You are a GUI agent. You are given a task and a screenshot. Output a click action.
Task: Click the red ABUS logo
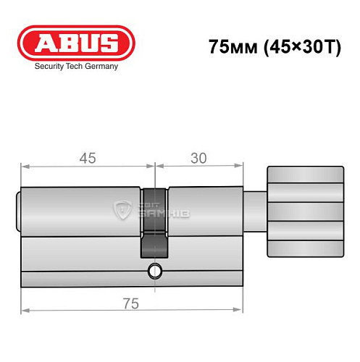[76, 42]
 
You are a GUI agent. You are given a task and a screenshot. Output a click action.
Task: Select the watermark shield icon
[122, 211]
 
